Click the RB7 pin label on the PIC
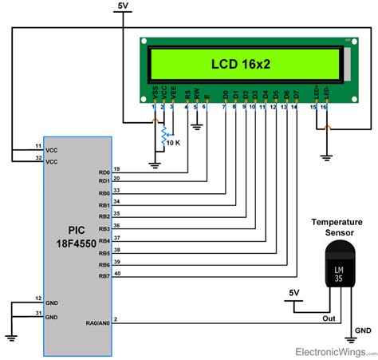104,277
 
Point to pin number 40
117,273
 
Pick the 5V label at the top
123,6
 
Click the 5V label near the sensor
294,293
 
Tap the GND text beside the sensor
362,330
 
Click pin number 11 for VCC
37,146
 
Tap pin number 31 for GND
37,313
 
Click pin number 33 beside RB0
117,189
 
